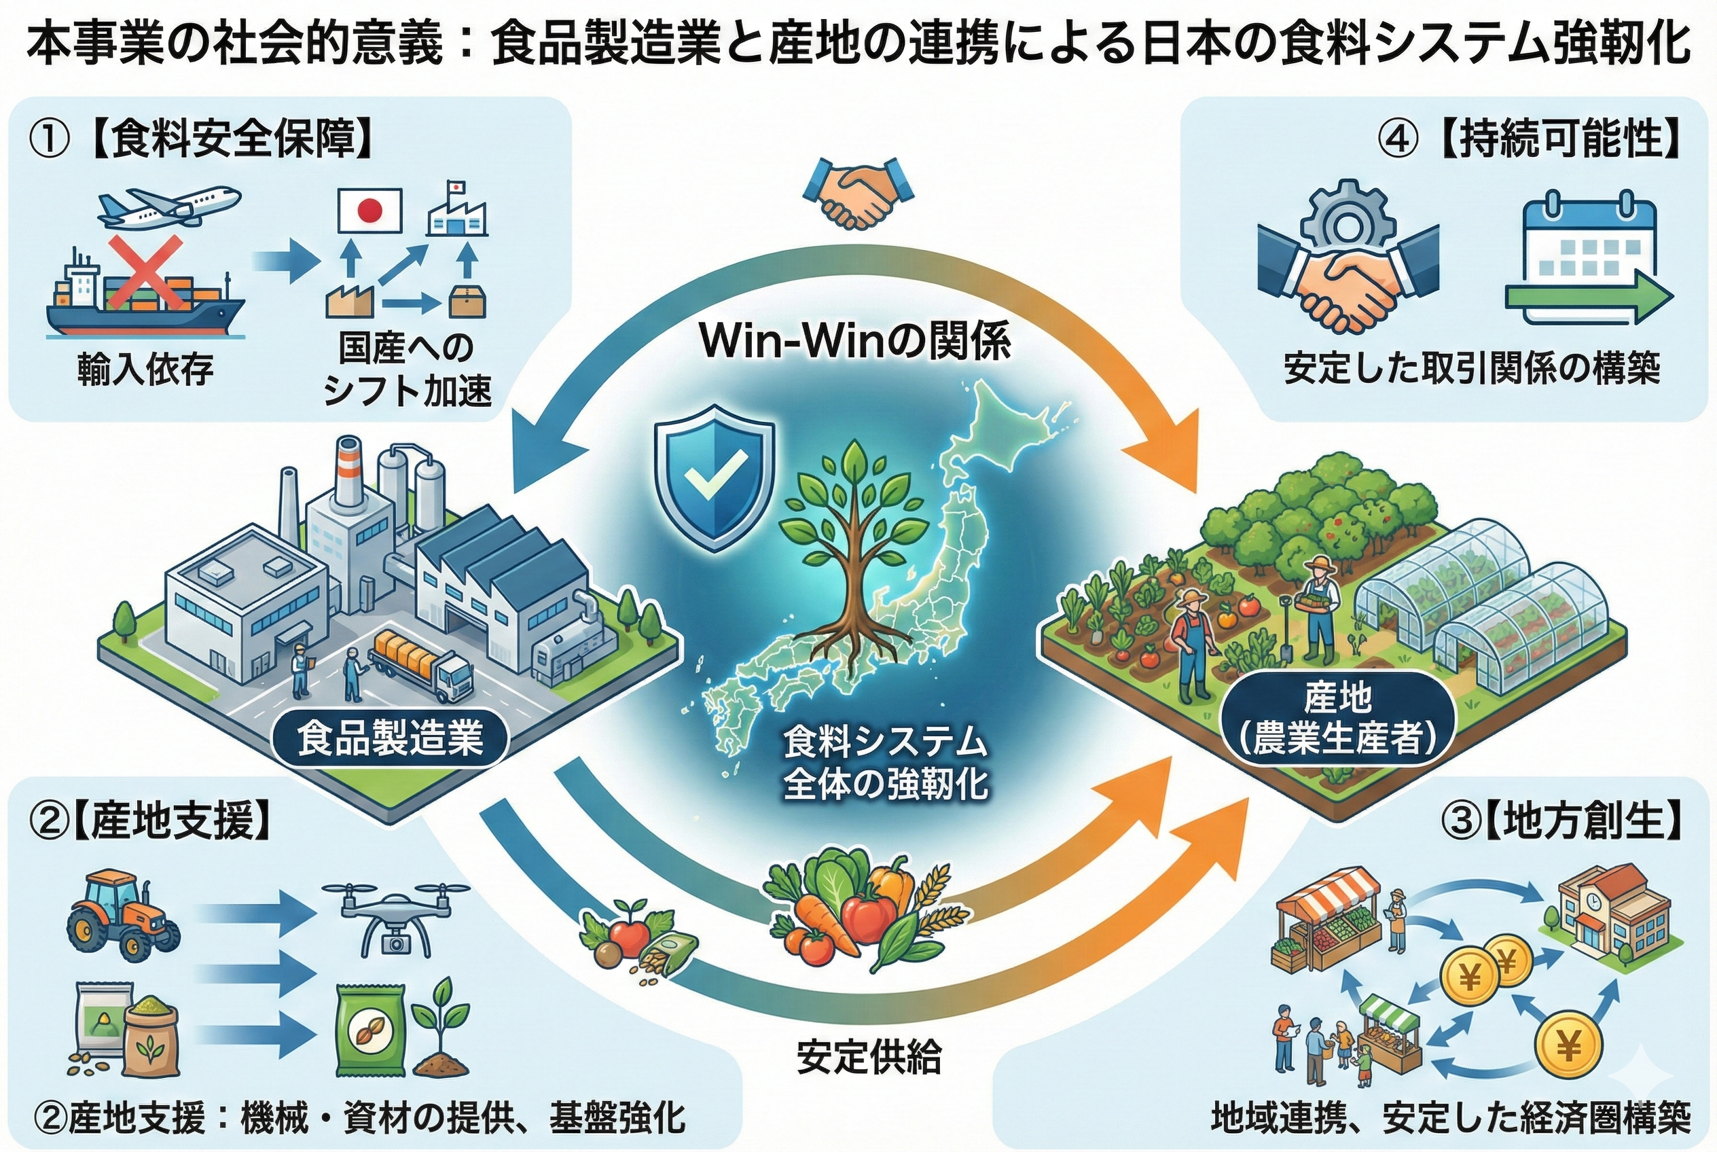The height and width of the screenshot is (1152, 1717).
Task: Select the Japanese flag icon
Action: [x=369, y=209]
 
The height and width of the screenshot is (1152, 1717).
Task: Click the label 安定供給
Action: [x=869, y=1058]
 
